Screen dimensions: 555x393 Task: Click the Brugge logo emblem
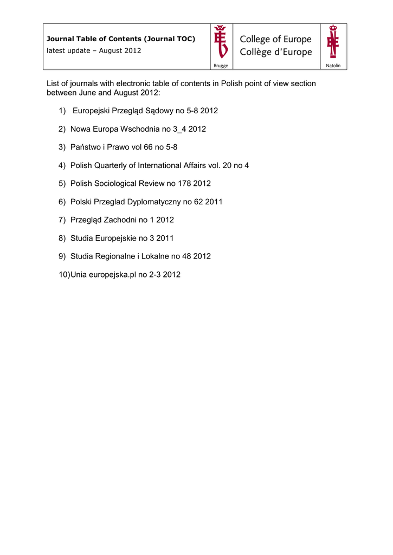(221, 41)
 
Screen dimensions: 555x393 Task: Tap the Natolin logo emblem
(333, 41)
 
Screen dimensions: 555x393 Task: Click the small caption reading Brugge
(221, 66)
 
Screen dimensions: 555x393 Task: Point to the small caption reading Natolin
(333, 66)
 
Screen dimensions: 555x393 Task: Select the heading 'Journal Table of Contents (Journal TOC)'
(121, 39)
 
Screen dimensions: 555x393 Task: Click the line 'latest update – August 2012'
(94, 50)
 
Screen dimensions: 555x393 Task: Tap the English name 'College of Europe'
(276, 40)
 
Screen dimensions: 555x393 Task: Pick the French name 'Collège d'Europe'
(276, 53)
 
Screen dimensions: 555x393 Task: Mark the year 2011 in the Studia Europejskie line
(165, 238)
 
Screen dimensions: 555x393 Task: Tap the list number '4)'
(62, 165)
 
